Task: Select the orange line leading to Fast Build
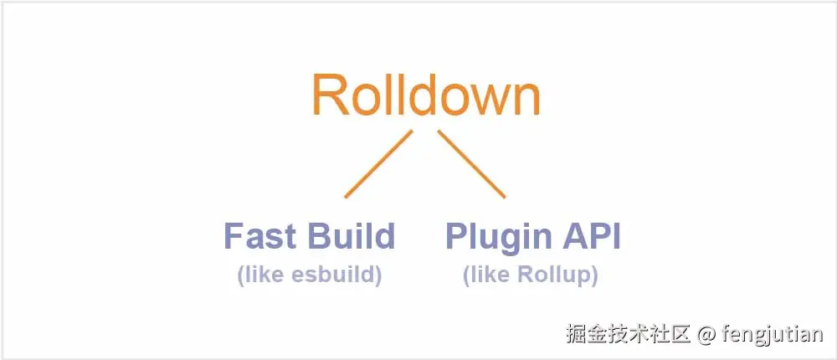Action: pyautogui.click(x=379, y=164)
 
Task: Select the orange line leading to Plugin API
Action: pyautogui.click(x=471, y=164)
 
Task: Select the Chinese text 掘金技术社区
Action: pyautogui.click(x=628, y=336)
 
